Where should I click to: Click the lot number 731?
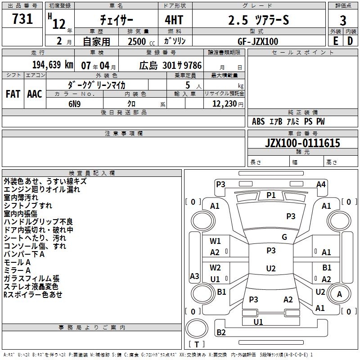(22, 18)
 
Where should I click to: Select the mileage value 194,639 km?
(53, 65)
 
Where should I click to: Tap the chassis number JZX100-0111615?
(302, 143)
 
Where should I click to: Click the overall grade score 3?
(343, 21)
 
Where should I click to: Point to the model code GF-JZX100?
(258, 41)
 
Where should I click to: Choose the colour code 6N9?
(74, 104)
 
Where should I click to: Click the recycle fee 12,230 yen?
(228, 104)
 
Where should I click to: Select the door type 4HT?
(174, 20)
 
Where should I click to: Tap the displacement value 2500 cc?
(141, 41)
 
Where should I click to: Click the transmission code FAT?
(13, 94)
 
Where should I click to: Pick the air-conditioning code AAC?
(35, 94)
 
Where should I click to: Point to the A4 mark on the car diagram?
(321, 184)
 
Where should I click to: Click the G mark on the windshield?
(284, 237)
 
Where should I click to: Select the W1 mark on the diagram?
(215, 241)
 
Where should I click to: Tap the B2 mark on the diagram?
(221, 332)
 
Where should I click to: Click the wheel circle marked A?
(339, 294)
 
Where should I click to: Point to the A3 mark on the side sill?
(194, 276)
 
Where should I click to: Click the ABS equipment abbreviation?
(258, 121)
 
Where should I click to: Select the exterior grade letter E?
(335, 41)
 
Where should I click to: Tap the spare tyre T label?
(197, 344)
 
